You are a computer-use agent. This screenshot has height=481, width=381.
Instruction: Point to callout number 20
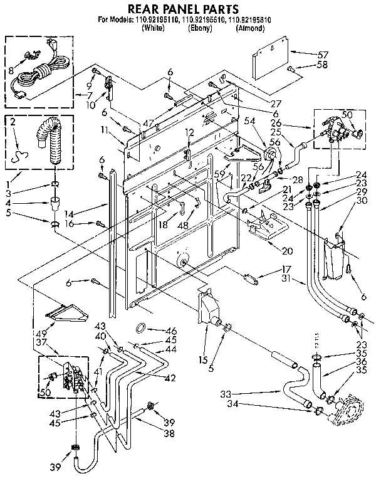(x=288, y=251)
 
